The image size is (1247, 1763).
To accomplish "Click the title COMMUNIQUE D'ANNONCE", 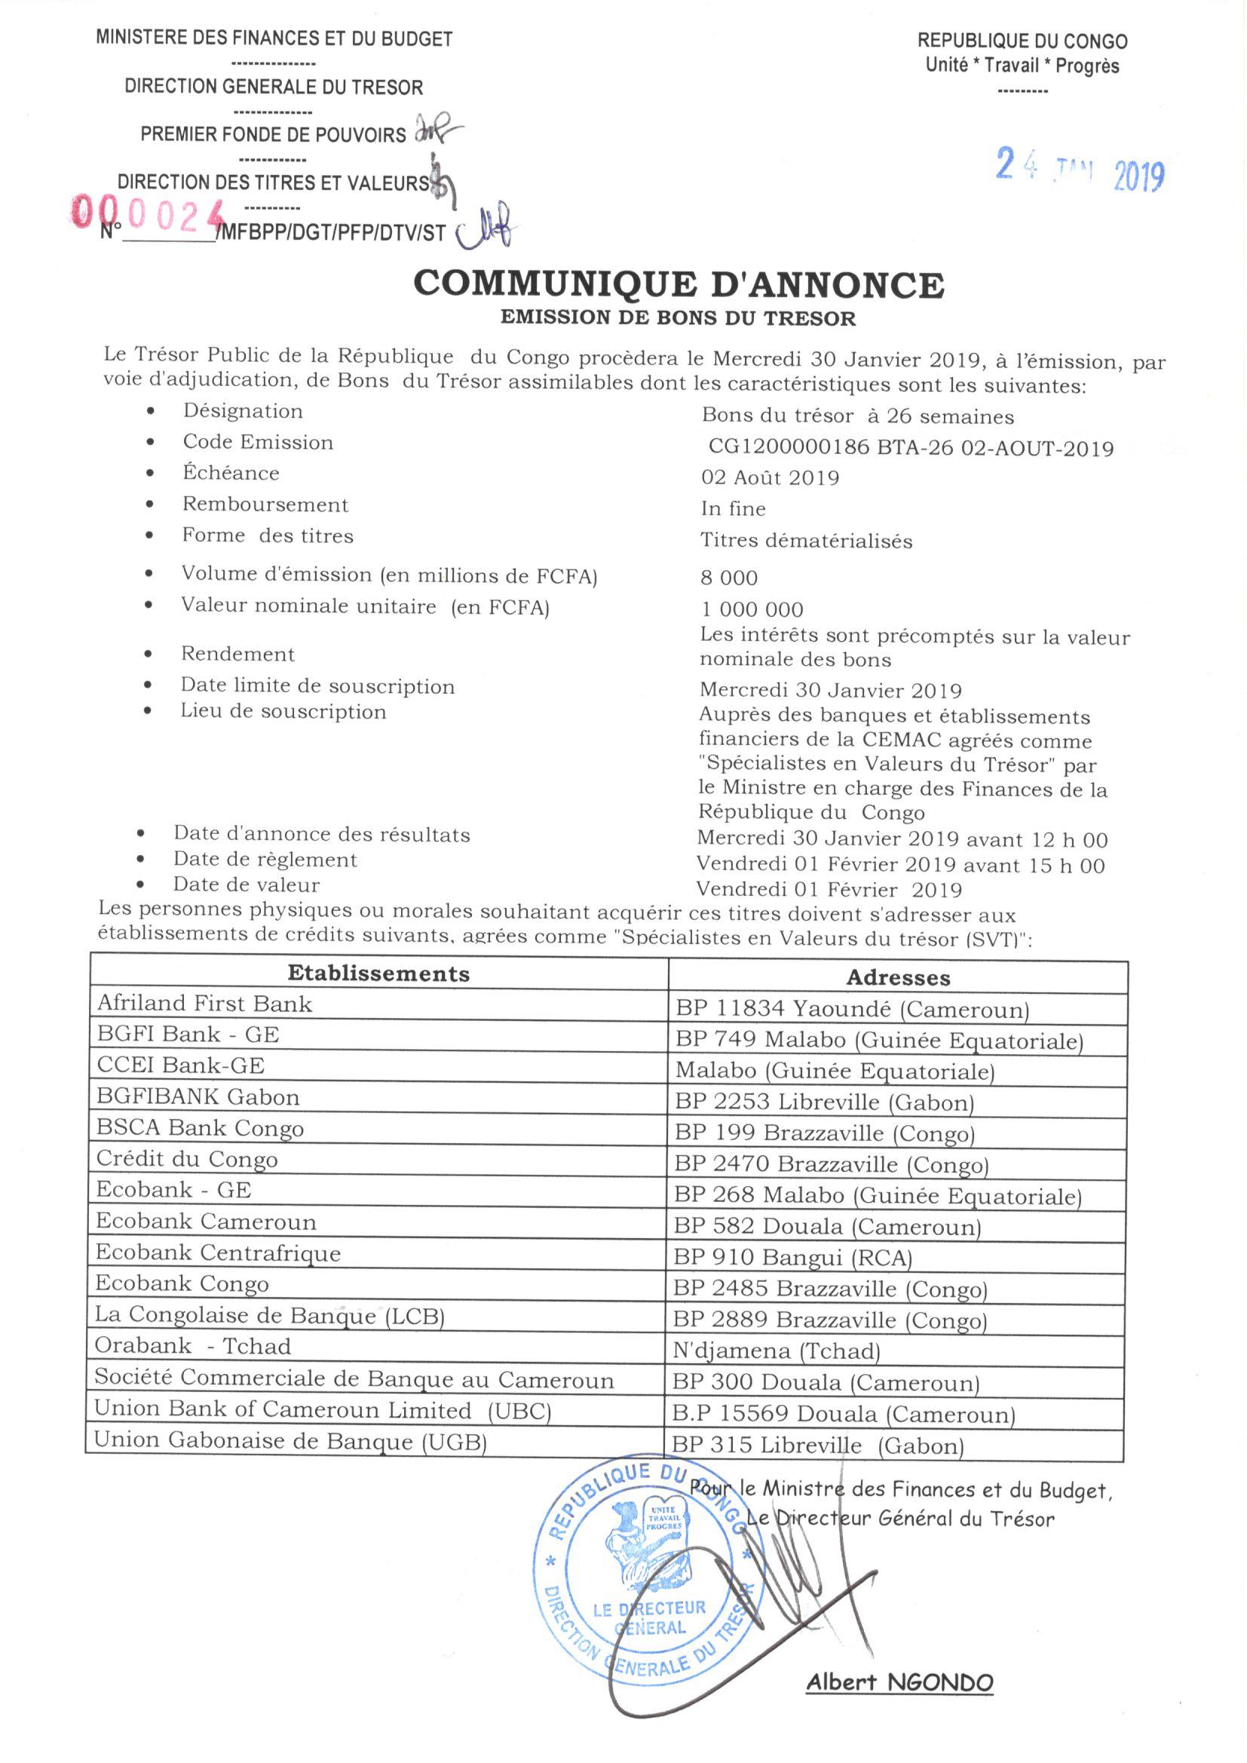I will (679, 284).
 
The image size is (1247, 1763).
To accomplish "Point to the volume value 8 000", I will (729, 578).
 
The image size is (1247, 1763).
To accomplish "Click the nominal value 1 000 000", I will (752, 610).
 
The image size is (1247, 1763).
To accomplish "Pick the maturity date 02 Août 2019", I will (771, 477).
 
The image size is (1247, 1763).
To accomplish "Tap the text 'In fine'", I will (734, 509).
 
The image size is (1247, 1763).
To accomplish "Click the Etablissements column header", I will (378, 973).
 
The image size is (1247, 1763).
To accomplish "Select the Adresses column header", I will (898, 977).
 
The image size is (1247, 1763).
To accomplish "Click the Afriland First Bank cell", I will (205, 1004).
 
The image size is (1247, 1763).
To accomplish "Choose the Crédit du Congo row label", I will (186, 1159).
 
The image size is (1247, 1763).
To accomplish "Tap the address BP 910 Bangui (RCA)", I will (792, 1258).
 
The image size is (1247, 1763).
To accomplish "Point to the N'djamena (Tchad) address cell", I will (777, 1351).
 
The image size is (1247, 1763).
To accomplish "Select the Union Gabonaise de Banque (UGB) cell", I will (291, 1441).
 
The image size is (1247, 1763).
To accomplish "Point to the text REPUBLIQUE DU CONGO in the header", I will (1023, 41).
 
